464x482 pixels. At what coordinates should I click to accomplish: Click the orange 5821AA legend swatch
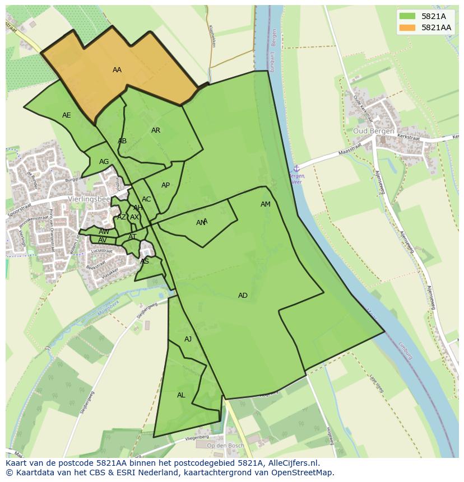point(407,27)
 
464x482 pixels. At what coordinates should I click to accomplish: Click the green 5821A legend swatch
point(407,16)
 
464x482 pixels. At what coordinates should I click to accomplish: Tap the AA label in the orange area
point(117,70)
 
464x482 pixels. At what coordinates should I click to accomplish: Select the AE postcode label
point(67,115)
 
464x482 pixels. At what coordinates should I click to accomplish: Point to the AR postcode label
point(156,130)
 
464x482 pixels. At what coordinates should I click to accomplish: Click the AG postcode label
point(104,162)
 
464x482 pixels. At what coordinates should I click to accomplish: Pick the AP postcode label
point(165,185)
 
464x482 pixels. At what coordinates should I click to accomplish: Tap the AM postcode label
point(266,204)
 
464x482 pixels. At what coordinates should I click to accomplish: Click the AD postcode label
point(243,296)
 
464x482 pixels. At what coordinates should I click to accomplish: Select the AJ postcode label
point(188,339)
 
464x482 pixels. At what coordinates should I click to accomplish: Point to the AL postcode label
point(181,395)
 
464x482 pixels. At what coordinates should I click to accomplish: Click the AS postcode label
point(145,261)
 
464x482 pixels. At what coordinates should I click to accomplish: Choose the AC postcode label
point(146,199)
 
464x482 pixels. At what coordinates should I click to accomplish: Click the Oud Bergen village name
point(373,131)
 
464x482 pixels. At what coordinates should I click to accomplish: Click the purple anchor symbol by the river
point(296,168)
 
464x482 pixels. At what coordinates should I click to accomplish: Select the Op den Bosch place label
point(225,446)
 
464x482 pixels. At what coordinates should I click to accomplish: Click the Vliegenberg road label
point(197,437)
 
